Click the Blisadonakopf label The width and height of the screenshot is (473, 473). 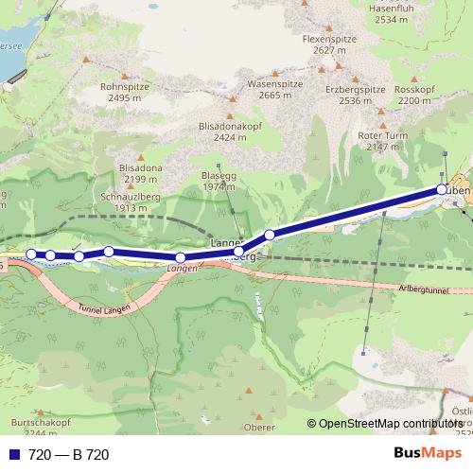[x=223, y=124]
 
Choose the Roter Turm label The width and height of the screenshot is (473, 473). [x=382, y=135]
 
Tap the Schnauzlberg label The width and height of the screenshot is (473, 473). [x=126, y=196]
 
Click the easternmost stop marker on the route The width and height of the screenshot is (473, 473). [x=442, y=191]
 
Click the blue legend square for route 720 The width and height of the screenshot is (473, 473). [x=14, y=455]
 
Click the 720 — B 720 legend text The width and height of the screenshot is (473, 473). [x=69, y=455]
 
